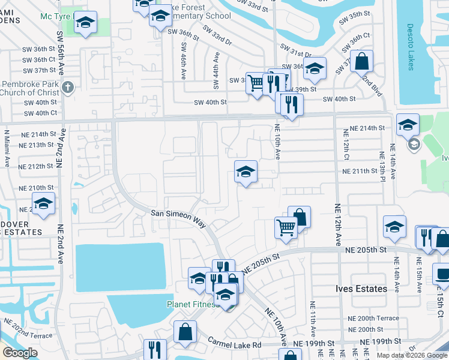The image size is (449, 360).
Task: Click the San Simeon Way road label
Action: click(x=178, y=217)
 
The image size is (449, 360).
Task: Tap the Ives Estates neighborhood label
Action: click(x=361, y=289)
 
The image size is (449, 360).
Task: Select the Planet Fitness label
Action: click(x=192, y=304)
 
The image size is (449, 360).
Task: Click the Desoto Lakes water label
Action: click(x=411, y=47)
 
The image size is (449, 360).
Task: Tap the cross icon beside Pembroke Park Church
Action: click(x=68, y=87)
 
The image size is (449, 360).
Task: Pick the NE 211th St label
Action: click(x=363, y=172)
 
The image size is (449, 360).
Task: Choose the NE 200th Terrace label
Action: click(x=373, y=318)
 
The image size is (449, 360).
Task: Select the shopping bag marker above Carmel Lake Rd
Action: click(x=185, y=331)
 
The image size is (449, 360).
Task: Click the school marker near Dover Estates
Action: click(x=43, y=203)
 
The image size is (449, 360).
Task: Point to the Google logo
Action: click(x=20, y=353)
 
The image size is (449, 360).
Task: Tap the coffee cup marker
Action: click(x=442, y=274)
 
